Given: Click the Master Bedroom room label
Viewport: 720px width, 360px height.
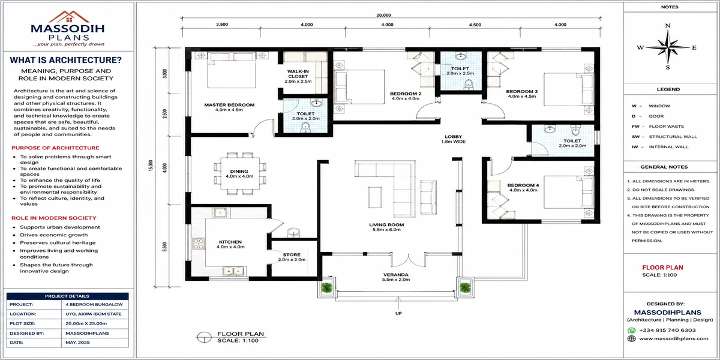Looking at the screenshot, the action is click(x=229, y=107).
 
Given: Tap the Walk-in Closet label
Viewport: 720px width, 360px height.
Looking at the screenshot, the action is click(x=298, y=76).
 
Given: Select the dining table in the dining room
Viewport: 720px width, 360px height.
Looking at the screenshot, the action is click(x=240, y=173).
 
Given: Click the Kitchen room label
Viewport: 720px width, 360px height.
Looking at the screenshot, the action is click(x=230, y=244).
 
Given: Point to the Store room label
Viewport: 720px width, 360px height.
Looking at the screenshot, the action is click(x=292, y=257).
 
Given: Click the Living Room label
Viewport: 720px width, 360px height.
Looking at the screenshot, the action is click(x=386, y=227).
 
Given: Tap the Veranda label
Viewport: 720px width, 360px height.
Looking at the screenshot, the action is click(x=395, y=277).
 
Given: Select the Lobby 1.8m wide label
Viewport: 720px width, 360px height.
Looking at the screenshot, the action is click(x=453, y=139).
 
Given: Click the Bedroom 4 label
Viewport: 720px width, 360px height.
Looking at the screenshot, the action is click(x=523, y=187).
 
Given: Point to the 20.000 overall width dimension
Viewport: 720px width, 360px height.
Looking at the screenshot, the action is click(x=383, y=15).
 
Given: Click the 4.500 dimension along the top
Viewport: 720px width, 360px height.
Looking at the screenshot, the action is click(x=475, y=25).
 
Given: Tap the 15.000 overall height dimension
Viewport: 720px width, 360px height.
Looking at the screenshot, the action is click(x=151, y=166).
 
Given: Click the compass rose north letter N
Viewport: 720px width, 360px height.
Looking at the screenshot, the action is click(x=668, y=26).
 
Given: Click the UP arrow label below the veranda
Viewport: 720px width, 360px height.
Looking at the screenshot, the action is click(x=398, y=313).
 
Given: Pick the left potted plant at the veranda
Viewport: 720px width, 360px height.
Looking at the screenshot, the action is click(x=326, y=287).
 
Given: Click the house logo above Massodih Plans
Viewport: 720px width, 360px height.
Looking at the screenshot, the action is click(x=69, y=17).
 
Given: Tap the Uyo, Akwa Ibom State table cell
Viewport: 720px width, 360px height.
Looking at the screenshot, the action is click(x=94, y=314).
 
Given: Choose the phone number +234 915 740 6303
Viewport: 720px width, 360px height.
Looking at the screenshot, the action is click(x=667, y=330).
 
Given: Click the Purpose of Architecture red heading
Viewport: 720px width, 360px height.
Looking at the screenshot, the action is click(x=55, y=148).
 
